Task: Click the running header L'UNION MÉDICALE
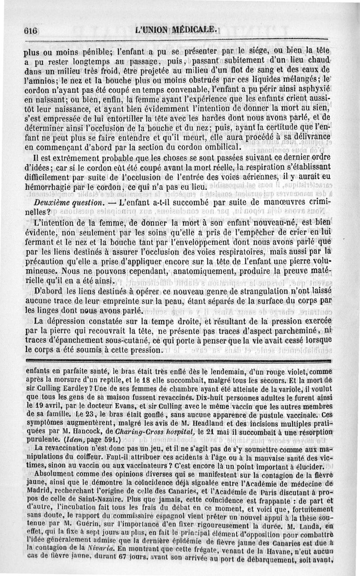(178, 30)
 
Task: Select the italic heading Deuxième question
(60, 202)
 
